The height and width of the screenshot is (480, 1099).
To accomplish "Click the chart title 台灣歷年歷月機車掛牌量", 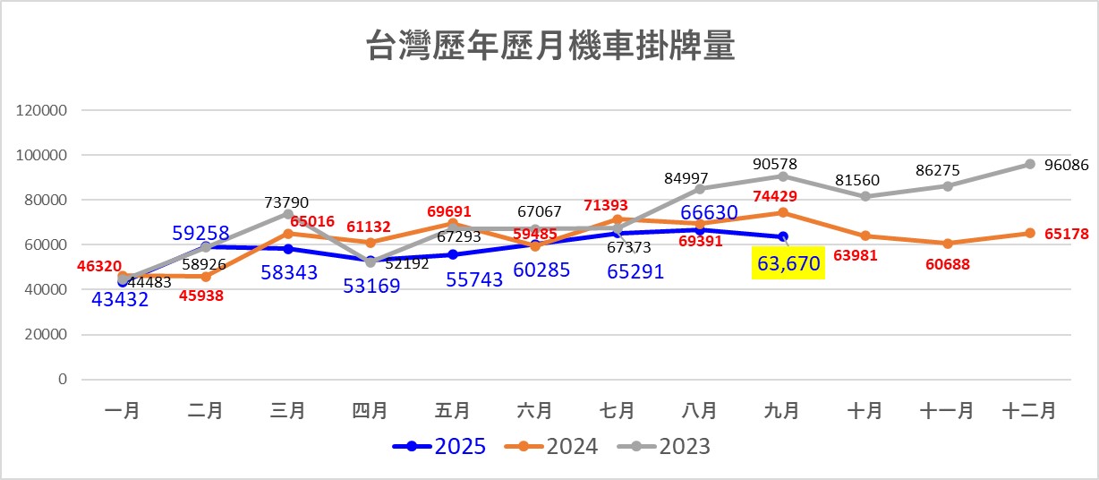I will [549, 47].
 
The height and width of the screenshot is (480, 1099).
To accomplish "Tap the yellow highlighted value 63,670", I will [788, 265].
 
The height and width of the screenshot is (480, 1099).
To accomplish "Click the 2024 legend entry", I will [551, 446].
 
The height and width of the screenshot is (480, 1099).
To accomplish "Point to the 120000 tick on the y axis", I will [42, 111].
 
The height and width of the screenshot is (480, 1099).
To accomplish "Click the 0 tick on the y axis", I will [63, 380].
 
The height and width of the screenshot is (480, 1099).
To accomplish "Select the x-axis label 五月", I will [453, 411].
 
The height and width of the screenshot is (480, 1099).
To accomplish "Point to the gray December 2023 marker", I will [1030, 164].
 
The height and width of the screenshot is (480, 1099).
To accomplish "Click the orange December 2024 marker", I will [1030, 233].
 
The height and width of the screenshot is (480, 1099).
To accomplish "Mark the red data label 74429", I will [781, 196].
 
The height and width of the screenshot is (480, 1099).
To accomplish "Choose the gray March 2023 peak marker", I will [288, 214].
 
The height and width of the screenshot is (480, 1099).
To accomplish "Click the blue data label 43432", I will [121, 299].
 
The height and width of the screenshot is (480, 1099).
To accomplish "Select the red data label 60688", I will [947, 266].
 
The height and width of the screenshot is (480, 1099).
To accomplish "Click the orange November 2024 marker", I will [948, 243].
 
